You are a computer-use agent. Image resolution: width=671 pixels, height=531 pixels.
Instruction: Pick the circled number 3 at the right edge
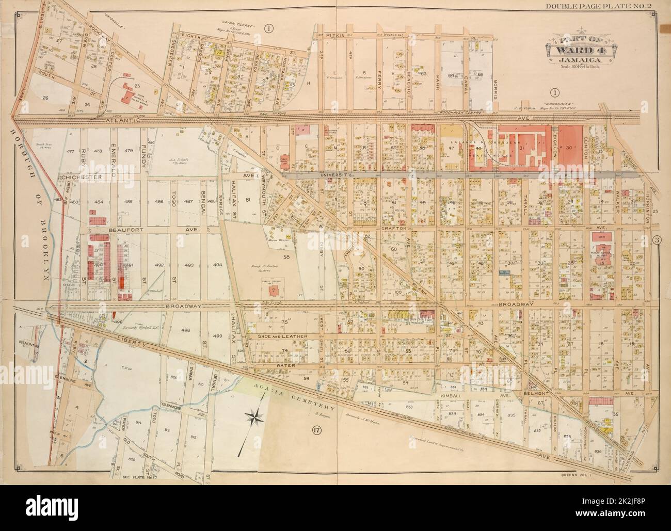click(656, 239)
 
